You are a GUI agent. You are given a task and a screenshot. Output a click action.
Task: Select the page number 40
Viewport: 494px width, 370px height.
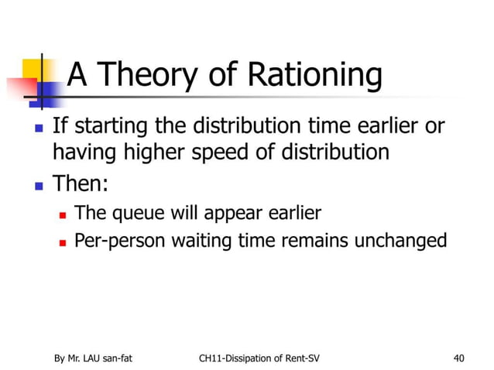pyautogui.click(x=460, y=358)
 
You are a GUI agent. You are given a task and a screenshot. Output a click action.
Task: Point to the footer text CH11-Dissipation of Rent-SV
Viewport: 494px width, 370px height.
pyautogui.click(x=259, y=358)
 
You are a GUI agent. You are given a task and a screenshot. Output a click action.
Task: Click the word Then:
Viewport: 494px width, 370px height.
pyautogui.click(x=81, y=184)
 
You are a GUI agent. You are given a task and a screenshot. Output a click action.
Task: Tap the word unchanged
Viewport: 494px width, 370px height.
pyautogui.click(x=400, y=241)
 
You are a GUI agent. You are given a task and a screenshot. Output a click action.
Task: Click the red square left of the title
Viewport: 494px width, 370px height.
pyautogui.click(x=19, y=87)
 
